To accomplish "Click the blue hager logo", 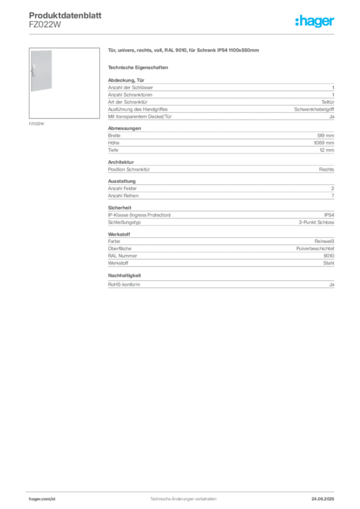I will pyautogui.click(x=315, y=22).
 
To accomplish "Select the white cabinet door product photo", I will pyautogui.click(x=41, y=71).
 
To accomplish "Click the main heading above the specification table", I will pyautogui.click(x=184, y=51).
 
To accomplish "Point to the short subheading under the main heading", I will pyautogui.click(x=139, y=67).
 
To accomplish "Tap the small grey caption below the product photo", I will pyautogui.click(x=38, y=123).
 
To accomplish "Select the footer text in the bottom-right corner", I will pyautogui.click(x=326, y=496).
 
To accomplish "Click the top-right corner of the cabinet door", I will pyautogui.click(x=54, y=49).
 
